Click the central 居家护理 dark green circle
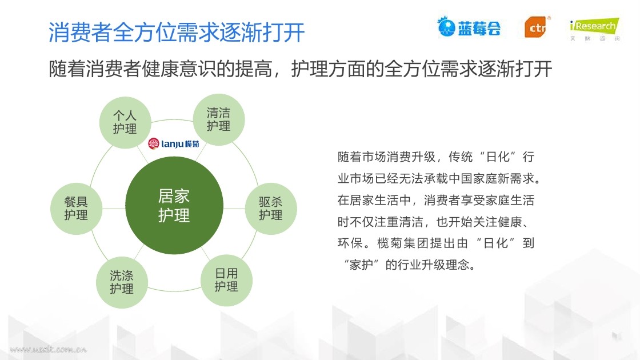point(174,205)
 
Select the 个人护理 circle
point(125,122)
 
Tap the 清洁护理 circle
point(218,119)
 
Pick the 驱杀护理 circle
point(271,209)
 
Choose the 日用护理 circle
point(226,281)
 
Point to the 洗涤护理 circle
point(122,282)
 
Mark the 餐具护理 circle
point(76,209)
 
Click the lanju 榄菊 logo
point(174,143)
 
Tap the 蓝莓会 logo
point(469,27)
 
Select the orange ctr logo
point(537,27)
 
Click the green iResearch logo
point(595,28)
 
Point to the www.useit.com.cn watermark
point(48,349)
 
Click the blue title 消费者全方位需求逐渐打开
point(177,32)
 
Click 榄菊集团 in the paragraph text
point(403,243)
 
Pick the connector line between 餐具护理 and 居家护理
point(114,209)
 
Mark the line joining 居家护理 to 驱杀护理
point(234,209)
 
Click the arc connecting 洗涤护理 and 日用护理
point(174,291)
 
